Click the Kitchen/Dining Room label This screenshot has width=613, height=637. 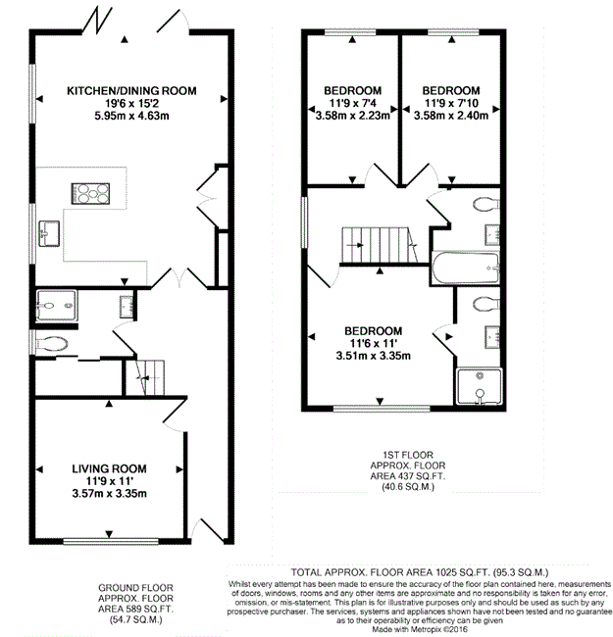point(131,90)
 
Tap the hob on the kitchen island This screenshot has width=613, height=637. point(90,193)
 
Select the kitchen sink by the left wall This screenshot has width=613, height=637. point(49,233)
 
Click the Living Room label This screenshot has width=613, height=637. point(109,468)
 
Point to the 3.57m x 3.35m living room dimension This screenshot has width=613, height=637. point(109,494)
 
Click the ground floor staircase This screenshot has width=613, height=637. point(145,377)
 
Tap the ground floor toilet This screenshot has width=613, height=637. point(52,345)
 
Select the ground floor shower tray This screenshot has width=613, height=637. point(57,306)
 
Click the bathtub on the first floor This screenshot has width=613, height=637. point(466,268)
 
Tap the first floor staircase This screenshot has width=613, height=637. point(381,245)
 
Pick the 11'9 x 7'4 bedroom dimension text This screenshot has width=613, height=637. point(353,103)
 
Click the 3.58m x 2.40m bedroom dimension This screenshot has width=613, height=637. point(451,116)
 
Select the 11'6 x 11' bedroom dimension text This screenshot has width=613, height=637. point(374,344)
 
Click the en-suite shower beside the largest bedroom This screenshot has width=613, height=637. point(480,386)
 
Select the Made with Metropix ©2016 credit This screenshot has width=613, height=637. point(420,630)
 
